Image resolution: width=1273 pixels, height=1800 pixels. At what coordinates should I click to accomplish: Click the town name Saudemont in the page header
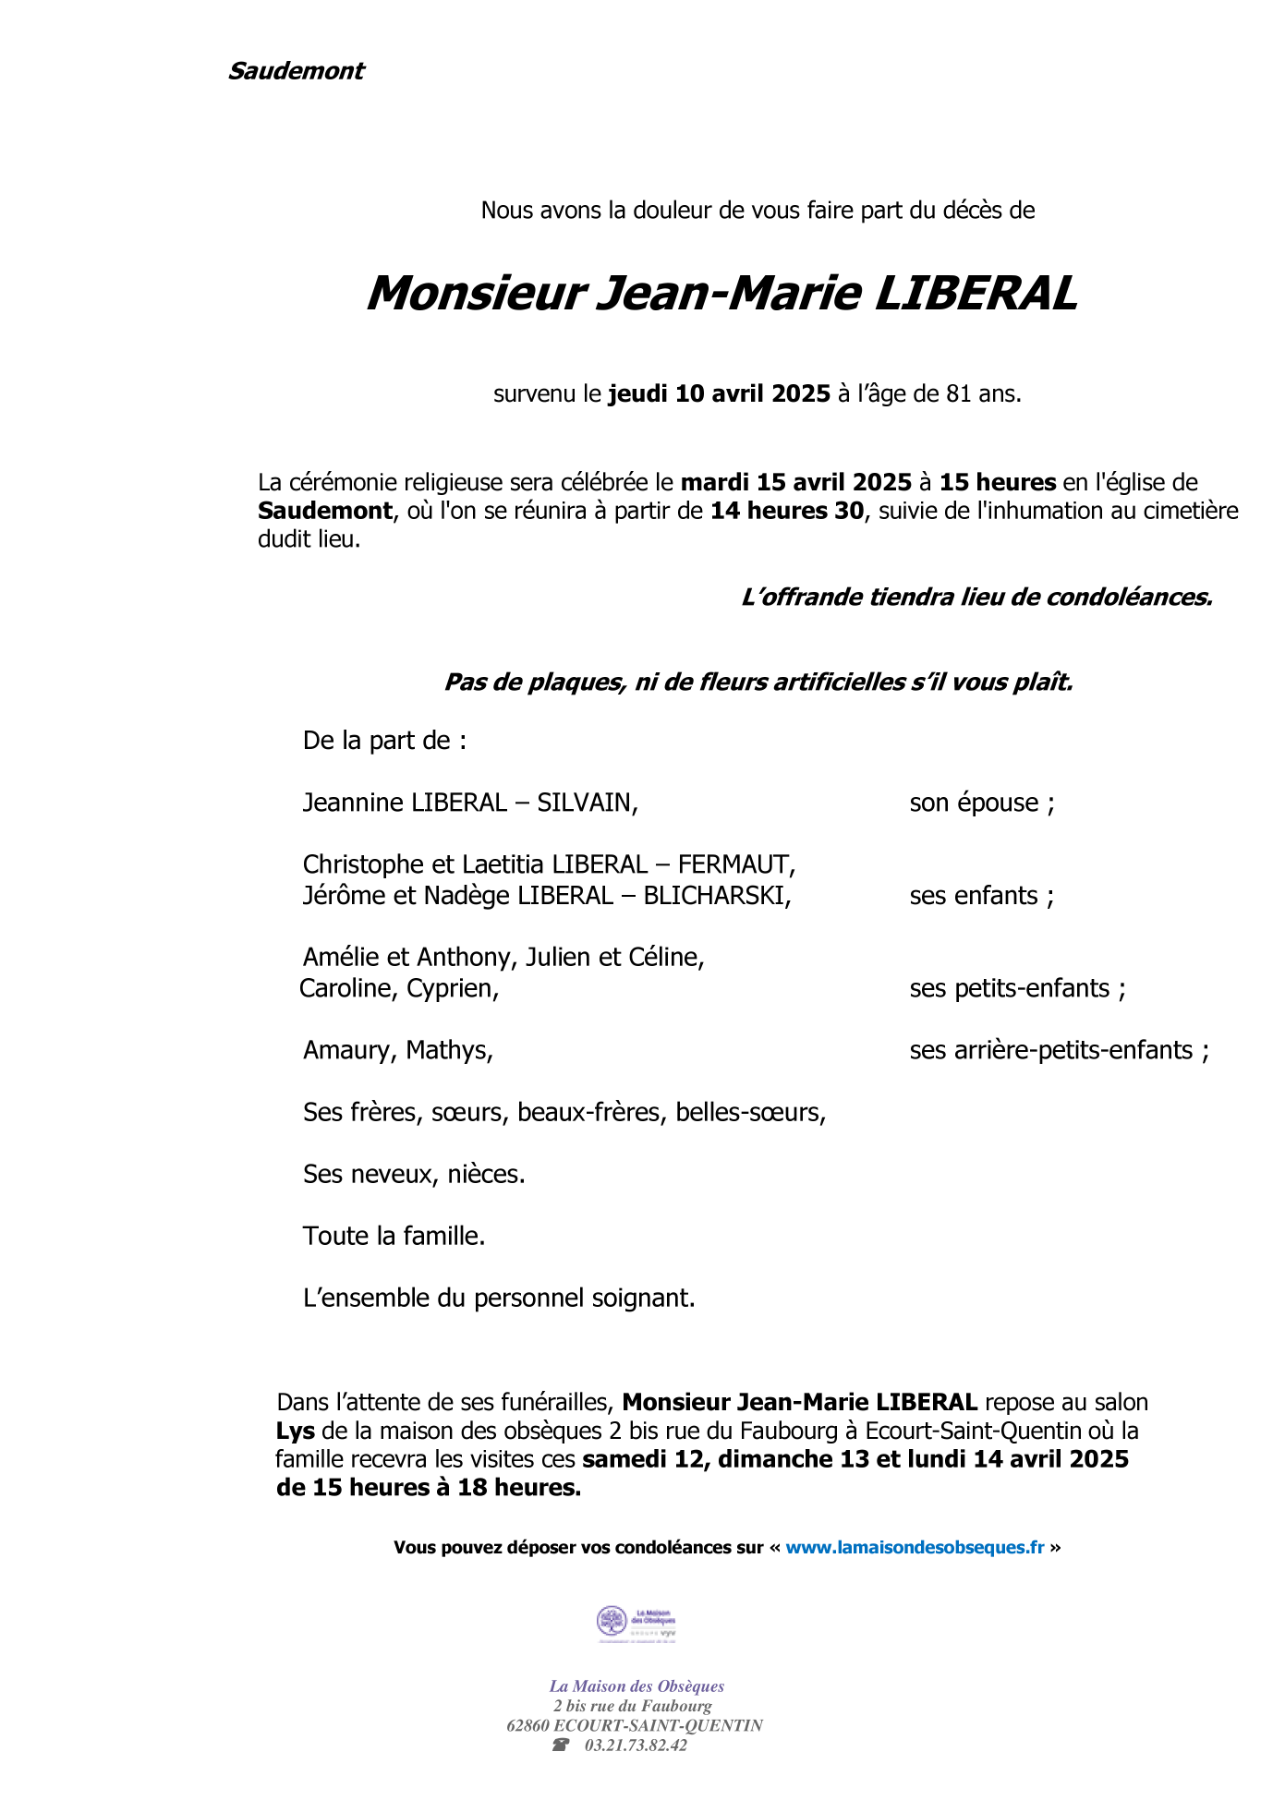click(x=296, y=71)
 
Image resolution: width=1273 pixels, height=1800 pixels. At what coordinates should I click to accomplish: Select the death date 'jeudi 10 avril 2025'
click(x=719, y=394)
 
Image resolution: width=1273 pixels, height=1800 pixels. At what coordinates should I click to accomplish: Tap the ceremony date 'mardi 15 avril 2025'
click(x=795, y=482)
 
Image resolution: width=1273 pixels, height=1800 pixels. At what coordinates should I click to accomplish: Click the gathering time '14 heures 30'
click(x=787, y=511)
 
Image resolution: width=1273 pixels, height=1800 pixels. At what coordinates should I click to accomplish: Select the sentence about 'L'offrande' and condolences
click(x=976, y=598)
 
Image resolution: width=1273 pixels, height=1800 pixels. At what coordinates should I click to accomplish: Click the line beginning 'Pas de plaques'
click(x=758, y=683)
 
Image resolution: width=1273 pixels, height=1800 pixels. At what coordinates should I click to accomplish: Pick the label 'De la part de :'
click(x=384, y=741)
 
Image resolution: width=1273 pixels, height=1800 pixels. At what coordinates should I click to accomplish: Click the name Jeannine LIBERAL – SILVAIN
click(x=470, y=803)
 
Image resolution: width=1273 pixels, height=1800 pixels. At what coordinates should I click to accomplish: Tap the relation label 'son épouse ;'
click(x=981, y=803)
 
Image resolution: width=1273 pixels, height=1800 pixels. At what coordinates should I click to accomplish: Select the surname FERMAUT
click(x=736, y=864)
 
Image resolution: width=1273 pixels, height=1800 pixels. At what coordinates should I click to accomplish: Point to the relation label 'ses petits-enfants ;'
click(x=1017, y=989)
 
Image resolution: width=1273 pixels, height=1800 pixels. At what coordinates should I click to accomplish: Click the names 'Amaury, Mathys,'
click(x=398, y=1051)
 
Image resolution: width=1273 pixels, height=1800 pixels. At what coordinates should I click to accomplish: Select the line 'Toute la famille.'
click(x=394, y=1237)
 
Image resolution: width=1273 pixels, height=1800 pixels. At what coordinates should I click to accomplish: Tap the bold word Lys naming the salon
click(x=296, y=1432)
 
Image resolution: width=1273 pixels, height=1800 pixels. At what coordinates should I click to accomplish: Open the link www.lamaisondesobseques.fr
click(x=915, y=1548)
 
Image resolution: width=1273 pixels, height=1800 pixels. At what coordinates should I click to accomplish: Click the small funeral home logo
click(x=636, y=1624)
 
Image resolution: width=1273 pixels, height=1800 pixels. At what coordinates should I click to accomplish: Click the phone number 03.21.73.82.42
click(x=636, y=1746)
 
